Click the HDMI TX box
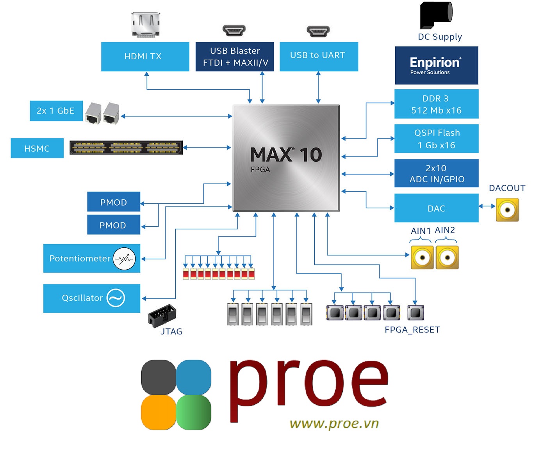click(145, 57)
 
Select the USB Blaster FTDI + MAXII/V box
click(235, 57)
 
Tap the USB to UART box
click(319, 56)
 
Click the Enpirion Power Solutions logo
click(436, 66)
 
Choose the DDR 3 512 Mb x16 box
click(436, 104)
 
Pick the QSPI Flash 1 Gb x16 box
click(436, 139)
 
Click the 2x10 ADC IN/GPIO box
click(436, 173)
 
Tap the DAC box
click(436, 208)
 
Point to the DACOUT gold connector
click(507, 210)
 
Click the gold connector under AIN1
click(422, 258)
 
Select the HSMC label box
click(37, 148)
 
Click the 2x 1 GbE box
click(56, 111)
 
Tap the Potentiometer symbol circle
click(124, 258)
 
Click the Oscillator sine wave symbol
click(116, 298)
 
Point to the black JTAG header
click(162, 315)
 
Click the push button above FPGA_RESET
click(415, 313)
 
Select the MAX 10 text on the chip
click(286, 155)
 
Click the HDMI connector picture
click(146, 24)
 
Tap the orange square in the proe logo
click(158, 412)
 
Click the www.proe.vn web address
click(334, 423)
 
